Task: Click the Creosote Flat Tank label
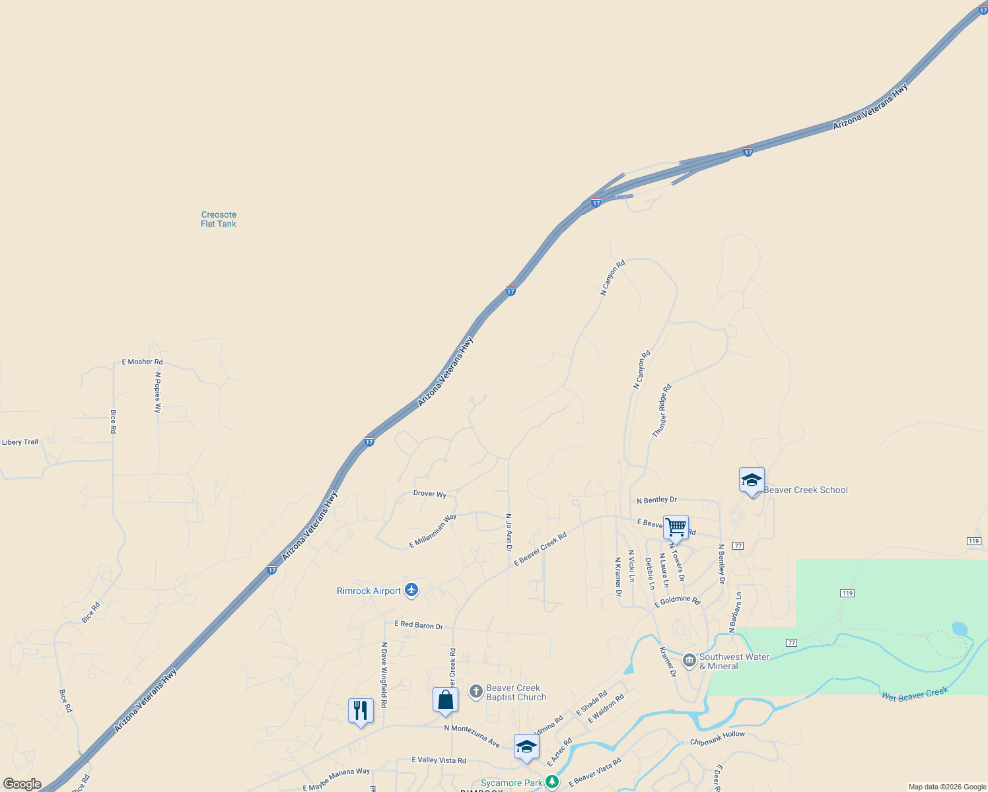pyautogui.click(x=219, y=219)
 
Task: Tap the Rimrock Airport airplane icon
pyautogui.click(x=411, y=589)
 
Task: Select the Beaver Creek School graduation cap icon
pyautogui.click(x=752, y=480)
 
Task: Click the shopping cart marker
pyautogui.click(x=676, y=527)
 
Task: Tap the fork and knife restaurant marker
pyautogui.click(x=361, y=711)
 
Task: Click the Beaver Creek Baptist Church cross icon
pyautogui.click(x=476, y=692)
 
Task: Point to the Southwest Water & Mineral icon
pyautogui.click(x=689, y=661)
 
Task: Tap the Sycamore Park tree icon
pyautogui.click(x=552, y=782)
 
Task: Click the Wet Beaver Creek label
pyautogui.click(x=915, y=694)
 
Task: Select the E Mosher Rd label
pyautogui.click(x=142, y=362)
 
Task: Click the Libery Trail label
pyautogui.click(x=20, y=442)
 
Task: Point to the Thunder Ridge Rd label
pyautogui.click(x=662, y=411)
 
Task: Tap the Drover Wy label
pyautogui.click(x=430, y=494)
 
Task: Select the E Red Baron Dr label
pyautogui.click(x=419, y=624)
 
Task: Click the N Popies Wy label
pyautogui.click(x=158, y=392)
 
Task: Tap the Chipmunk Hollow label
pyautogui.click(x=717, y=738)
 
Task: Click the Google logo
pyautogui.click(x=22, y=784)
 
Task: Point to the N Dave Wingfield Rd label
pyautogui.click(x=384, y=675)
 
